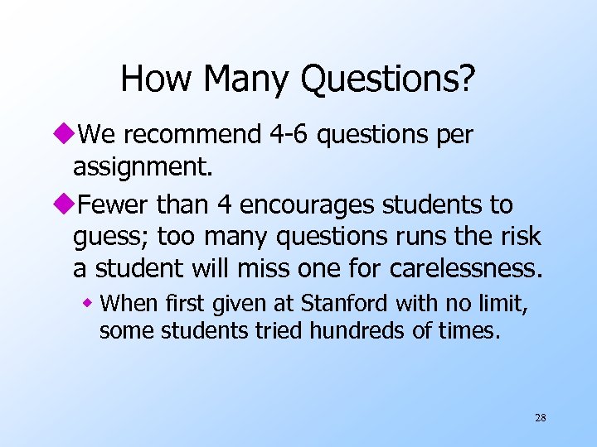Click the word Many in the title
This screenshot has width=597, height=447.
pyautogui.click(x=246, y=79)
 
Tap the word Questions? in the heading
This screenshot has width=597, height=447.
pyautogui.click(x=389, y=79)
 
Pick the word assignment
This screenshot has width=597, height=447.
pyautogui.click(x=143, y=168)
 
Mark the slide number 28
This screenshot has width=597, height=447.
pyautogui.click(x=540, y=418)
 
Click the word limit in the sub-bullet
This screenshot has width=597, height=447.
pyautogui.click(x=502, y=304)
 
